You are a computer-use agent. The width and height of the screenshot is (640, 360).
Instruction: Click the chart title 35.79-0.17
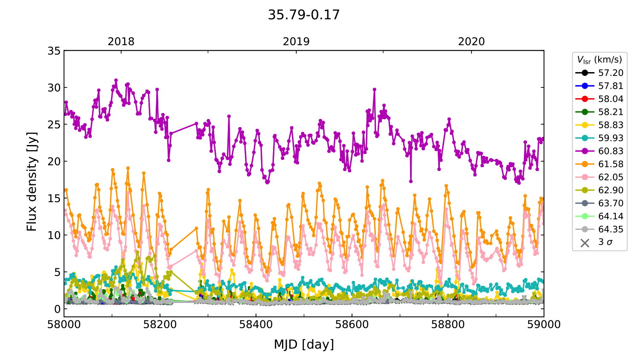[304, 15]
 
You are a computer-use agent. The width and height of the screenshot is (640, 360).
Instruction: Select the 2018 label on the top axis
[121, 41]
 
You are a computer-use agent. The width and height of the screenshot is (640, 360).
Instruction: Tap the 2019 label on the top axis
[296, 41]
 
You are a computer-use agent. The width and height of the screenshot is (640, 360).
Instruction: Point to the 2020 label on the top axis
[471, 41]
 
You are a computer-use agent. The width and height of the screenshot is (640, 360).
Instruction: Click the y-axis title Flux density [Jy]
[32, 182]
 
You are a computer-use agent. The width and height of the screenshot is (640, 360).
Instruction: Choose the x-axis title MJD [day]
[304, 344]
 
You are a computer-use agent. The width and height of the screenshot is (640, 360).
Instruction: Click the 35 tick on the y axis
[54, 51]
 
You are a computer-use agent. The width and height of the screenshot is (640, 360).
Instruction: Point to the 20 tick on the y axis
[54, 161]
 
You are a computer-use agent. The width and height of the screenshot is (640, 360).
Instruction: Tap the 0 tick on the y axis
[57, 309]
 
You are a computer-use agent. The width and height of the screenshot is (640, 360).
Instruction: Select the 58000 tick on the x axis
[64, 325]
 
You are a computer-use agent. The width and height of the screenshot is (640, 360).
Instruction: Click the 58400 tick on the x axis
[256, 325]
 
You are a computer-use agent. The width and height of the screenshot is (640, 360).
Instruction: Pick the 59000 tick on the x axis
[544, 325]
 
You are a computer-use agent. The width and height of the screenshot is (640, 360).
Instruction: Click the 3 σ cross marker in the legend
[585, 243]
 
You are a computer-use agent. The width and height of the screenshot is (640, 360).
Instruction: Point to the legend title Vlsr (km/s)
[599, 60]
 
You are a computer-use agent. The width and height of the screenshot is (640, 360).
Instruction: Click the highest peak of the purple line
[116, 80]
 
